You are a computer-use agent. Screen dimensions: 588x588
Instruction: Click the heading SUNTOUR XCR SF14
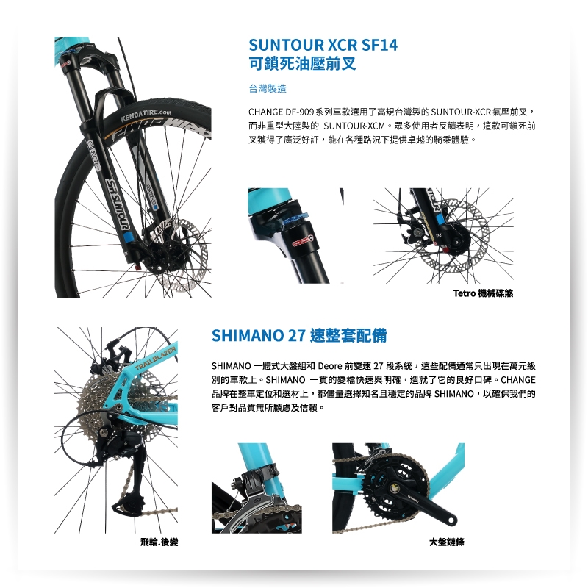tap(323, 45)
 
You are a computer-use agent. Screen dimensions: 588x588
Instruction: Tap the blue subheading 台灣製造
tap(268, 88)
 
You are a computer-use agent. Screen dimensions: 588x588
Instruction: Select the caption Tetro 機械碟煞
tap(483, 293)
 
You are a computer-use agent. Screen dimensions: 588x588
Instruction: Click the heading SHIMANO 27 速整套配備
tap(299, 335)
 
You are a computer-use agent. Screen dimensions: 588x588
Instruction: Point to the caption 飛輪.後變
tap(159, 542)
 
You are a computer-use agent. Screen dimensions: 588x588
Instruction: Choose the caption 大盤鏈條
tap(447, 542)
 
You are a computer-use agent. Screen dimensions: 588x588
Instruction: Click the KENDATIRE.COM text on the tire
tap(146, 115)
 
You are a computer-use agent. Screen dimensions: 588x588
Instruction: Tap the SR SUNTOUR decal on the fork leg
tap(118, 204)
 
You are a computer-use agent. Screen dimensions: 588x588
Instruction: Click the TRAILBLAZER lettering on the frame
tap(155, 359)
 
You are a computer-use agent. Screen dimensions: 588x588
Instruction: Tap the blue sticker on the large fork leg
tap(128, 237)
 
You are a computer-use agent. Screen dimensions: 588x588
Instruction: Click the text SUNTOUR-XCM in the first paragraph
tap(354, 126)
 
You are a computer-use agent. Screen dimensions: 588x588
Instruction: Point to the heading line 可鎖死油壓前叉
tap(302, 63)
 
